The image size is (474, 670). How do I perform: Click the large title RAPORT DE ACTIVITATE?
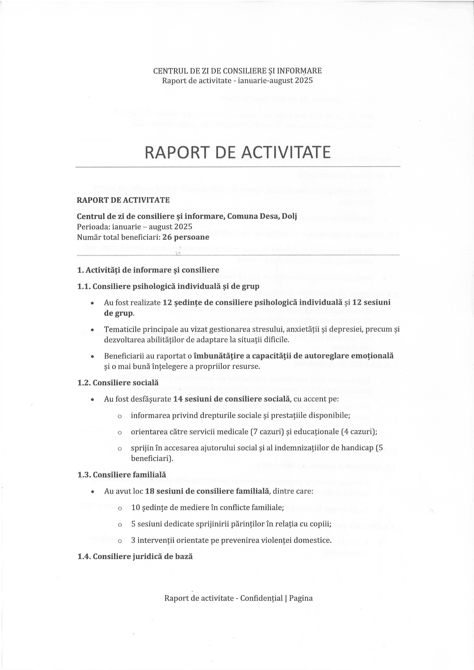[237, 152]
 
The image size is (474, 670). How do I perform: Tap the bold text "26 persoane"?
[186, 237]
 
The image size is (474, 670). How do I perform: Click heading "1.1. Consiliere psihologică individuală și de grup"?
[168, 286]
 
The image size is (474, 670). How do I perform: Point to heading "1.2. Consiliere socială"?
[118, 382]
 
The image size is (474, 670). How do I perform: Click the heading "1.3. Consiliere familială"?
[122, 475]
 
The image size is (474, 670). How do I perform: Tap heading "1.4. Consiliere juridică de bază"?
[135, 556]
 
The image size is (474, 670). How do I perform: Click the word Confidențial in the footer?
[261, 598]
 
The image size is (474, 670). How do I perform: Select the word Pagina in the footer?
[301, 598]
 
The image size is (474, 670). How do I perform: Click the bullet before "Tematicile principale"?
[92, 330]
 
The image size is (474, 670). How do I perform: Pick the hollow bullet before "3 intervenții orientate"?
[119, 541]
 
